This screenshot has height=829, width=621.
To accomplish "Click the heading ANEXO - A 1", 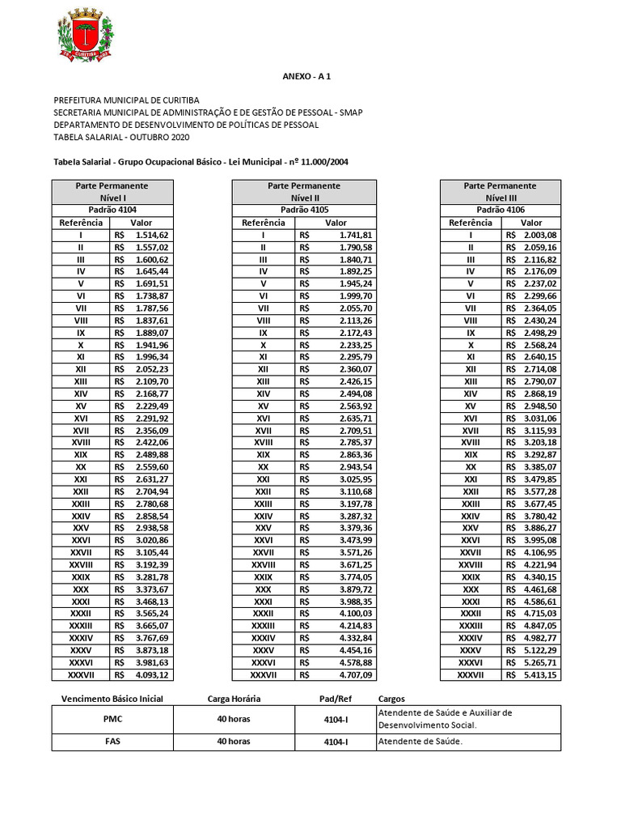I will (x=306, y=76).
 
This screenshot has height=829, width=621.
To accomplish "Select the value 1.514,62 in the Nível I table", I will (x=152, y=235).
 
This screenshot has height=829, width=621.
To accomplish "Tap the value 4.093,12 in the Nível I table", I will (x=152, y=674).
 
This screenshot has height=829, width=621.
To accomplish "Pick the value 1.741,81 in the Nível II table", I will (x=356, y=235).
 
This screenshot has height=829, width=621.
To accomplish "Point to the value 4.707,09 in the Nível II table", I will (x=356, y=674).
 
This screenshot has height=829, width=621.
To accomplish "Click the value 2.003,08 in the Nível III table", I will (x=540, y=235).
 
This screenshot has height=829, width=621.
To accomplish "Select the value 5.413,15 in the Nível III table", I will (x=540, y=674).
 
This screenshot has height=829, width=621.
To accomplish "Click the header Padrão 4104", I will (x=112, y=210).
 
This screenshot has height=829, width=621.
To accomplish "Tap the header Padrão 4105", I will (x=304, y=210).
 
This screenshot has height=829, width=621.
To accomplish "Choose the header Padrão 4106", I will (x=499, y=210).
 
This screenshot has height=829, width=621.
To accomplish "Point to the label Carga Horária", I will (x=234, y=698).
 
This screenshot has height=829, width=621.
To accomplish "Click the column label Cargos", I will (x=391, y=698).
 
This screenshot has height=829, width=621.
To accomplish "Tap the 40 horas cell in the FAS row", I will (x=234, y=741).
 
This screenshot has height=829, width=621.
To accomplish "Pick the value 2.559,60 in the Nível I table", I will (x=152, y=467).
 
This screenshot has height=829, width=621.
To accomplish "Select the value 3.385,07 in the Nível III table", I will (x=540, y=467).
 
